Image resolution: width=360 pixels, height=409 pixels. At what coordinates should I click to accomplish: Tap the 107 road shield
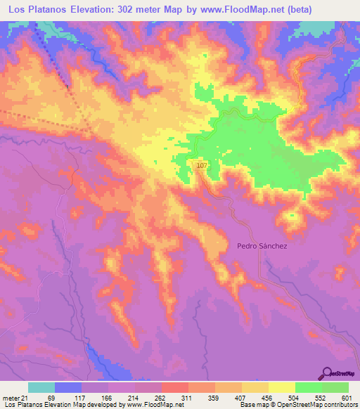[x=202, y=165]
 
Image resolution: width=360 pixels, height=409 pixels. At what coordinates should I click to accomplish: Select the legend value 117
[x=83, y=398]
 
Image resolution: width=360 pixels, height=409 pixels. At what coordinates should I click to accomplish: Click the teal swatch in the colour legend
[x=41, y=387]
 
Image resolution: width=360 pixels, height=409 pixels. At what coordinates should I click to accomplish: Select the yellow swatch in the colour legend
[x=282, y=387]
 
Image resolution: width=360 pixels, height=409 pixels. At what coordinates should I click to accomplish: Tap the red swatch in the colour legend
[x=174, y=387]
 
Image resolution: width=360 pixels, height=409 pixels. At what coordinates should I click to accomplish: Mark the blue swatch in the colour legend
[x=68, y=387]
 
